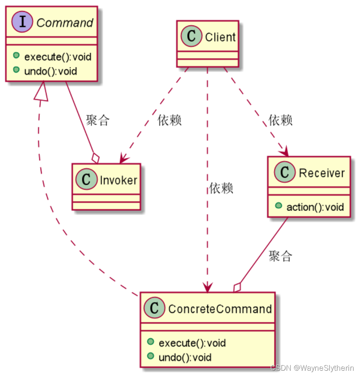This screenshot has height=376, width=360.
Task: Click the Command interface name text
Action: coord(65,23)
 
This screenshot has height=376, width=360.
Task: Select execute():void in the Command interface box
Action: coord(57,57)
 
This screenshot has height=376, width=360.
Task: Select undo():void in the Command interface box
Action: coord(50,71)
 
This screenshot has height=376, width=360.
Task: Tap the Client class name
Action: coord(220,37)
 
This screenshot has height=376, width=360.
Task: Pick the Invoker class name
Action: coord(118,180)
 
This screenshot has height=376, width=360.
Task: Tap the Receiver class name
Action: coord(322,173)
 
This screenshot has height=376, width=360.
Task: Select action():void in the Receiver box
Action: coord(315,207)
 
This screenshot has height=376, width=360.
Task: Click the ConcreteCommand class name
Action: coord(220,309)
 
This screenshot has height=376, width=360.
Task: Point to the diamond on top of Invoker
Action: coord(96,158)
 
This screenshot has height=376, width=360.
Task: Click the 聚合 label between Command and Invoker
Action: coord(97,120)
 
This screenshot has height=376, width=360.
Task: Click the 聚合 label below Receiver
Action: coord(281,256)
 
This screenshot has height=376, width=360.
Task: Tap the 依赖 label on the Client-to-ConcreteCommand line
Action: coord(221,188)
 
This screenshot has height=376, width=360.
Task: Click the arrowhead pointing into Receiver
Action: coord(285,152)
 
